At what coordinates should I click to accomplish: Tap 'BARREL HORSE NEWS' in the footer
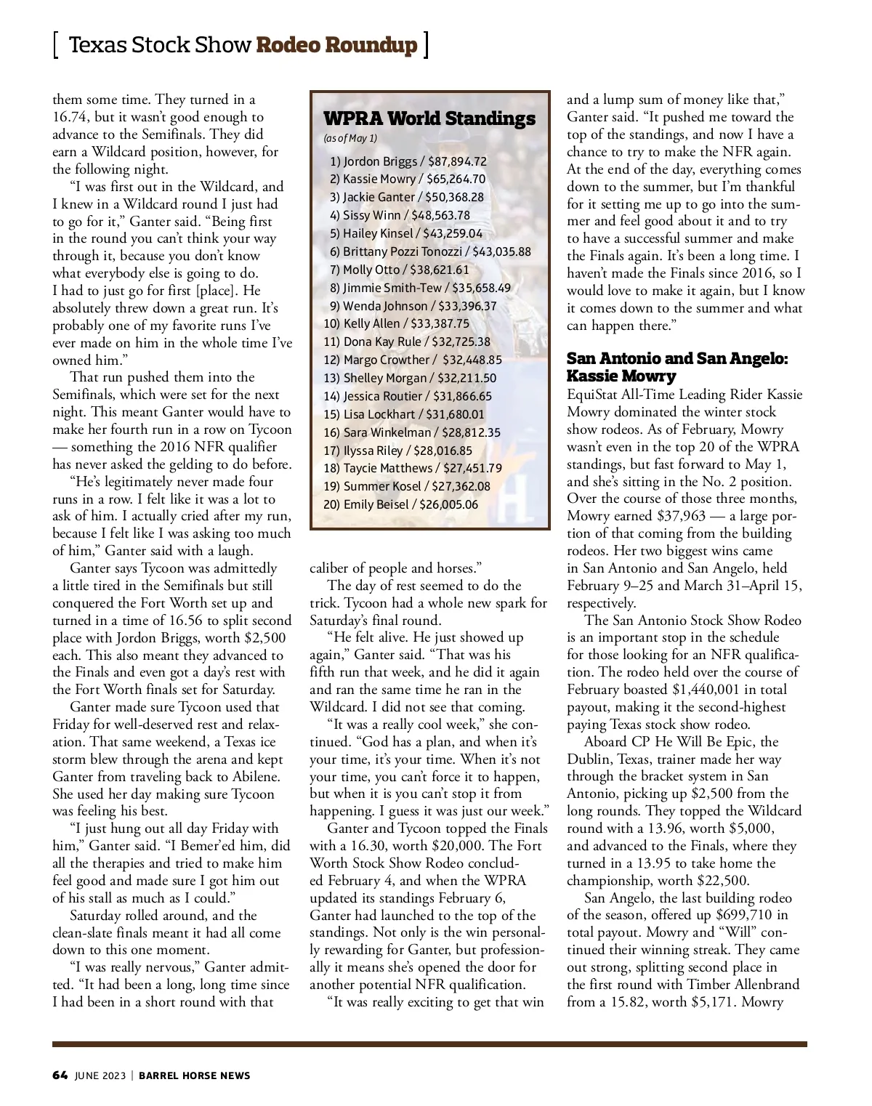[194, 1075]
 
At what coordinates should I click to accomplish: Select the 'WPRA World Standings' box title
[429, 118]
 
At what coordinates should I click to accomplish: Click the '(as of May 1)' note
[350, 138]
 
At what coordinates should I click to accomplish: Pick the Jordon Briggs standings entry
[408, 161]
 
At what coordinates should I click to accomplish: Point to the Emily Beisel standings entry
[401, 504]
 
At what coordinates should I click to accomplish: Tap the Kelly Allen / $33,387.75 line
[397, 324]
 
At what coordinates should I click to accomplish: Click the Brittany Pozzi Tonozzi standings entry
[430, 251]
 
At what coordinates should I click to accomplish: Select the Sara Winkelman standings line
[412, 432]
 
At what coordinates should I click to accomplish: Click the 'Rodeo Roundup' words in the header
[337, 45]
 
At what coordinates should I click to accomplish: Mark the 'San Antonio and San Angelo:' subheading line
[677, 359]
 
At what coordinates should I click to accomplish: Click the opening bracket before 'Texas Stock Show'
[56, 45]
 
